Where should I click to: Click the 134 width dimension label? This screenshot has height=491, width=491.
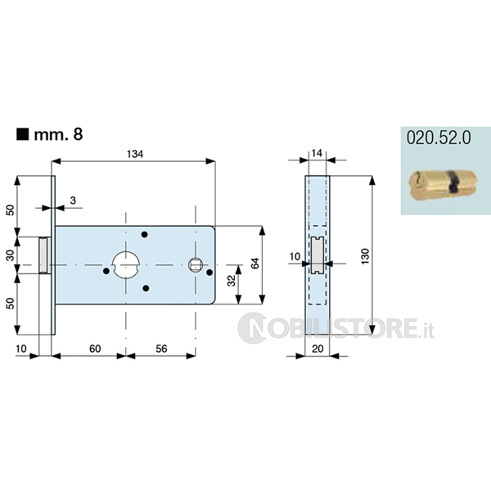pos(135,154)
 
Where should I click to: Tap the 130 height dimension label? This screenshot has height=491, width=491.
pos(365,256)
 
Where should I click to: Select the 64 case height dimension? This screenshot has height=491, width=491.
pos(255,264)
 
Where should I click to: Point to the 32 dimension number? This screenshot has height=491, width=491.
pos(231,281)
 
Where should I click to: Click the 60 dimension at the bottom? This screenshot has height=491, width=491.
pos(95,349)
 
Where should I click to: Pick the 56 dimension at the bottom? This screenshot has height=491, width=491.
pos(161,349)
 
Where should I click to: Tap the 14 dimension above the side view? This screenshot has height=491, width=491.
pos(317,153)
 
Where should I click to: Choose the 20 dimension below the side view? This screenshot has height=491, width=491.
pos(318,349)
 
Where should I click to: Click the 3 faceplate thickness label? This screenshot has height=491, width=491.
pos(73,200)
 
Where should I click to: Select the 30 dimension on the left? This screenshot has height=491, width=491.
pos(11,255)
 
